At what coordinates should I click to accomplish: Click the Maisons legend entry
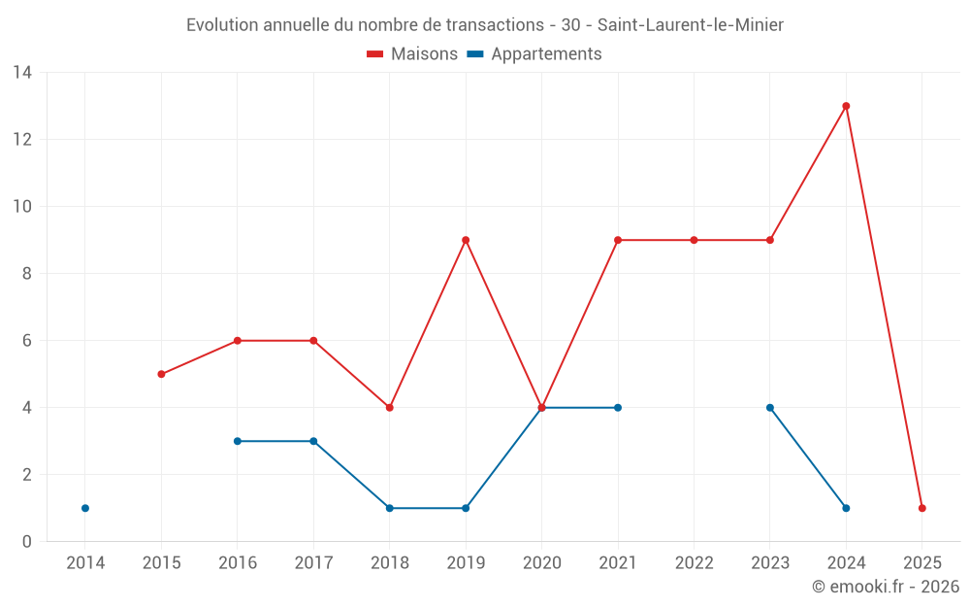point(412,54)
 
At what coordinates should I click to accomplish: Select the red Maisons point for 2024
point(846,106)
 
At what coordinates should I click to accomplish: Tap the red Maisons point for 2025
point(921,508)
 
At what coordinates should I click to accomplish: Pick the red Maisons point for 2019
point(466,240)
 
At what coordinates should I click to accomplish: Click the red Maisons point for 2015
point(161,374)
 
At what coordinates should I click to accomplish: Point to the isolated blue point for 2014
point(85,508)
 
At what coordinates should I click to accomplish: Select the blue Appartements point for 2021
point(618,408)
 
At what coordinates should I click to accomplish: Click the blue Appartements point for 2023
point(770,408)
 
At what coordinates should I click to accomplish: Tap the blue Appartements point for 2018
point(390,508)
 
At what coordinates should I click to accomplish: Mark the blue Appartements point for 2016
point(238,441)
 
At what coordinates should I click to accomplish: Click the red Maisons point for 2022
point(694,240)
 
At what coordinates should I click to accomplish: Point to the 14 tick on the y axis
point(22,73)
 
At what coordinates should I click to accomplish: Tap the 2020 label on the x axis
point(541,563)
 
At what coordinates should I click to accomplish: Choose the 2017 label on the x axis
point(313,563)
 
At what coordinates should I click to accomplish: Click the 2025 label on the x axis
point(921,563)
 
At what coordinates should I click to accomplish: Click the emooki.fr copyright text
point(885,587)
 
